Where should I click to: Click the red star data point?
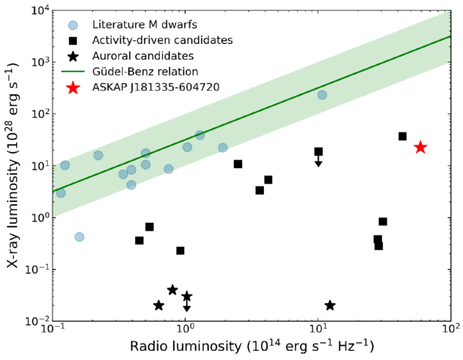(x=421, y=147)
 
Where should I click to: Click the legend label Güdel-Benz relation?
(x=145, y=72)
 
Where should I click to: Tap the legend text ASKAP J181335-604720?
(x=156, y=88)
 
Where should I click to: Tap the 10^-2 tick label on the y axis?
(x=39, y=321)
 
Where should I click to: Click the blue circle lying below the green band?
(x=79, y=237)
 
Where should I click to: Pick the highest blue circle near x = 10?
(x=322, y=95)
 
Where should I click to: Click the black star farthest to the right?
(x=330, y=305)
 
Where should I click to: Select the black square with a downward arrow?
(x=318, y=152)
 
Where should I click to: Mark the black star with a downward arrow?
(x=187, y=297)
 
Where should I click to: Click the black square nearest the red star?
(x=403, y=136)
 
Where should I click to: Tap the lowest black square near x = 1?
(x=180, y=251)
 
